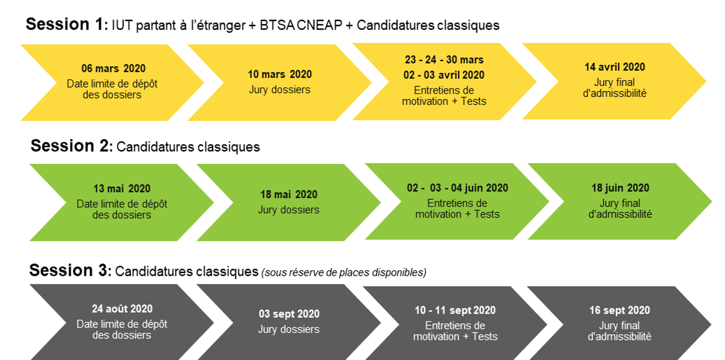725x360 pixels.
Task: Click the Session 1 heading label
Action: coord(67,24)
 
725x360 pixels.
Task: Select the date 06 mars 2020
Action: coord(113,68)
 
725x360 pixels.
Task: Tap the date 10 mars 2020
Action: coord(279,74)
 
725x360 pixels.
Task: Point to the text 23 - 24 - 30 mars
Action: coord(444,59)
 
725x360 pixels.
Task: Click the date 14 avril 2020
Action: coord(615,67)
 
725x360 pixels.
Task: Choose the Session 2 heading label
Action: coord(72,146)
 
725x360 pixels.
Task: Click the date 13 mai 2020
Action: coord(122,189)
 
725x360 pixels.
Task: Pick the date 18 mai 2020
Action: coord(289,194)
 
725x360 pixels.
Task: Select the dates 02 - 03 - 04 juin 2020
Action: coord(457,188)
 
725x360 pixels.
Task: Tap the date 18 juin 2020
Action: coord(621,188)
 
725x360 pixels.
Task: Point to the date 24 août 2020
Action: coord(122,309)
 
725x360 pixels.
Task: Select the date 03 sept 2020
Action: coord(289,314)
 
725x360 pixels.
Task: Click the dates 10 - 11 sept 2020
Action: coord(455,310)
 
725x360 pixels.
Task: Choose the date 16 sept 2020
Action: coord(619,310)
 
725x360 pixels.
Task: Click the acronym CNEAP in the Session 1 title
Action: coord(320,25)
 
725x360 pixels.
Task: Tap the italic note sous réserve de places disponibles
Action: coord(344,272)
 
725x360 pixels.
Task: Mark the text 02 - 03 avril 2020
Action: coord(444,75)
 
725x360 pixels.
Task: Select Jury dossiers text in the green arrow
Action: coord(289,210)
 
